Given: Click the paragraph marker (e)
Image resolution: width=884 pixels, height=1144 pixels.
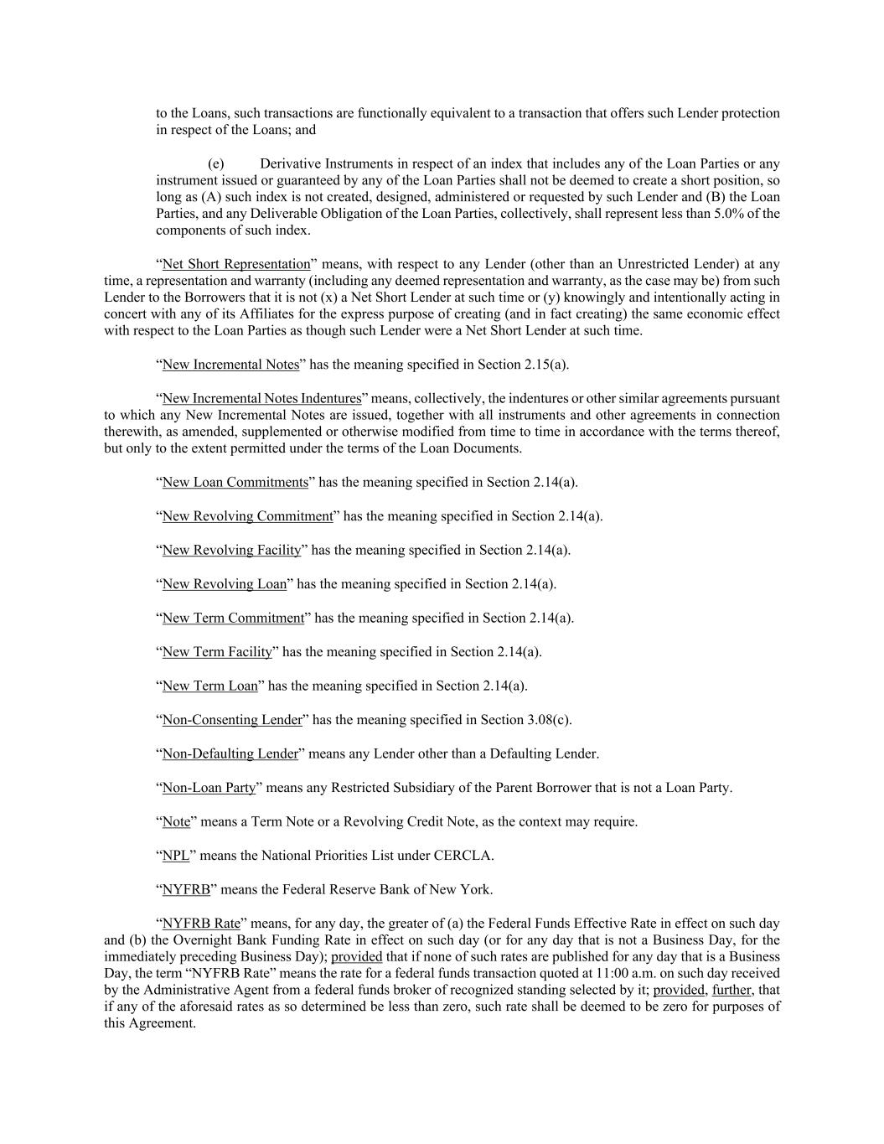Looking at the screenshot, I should point(215,163).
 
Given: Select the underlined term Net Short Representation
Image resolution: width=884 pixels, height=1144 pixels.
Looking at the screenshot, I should point(235,264).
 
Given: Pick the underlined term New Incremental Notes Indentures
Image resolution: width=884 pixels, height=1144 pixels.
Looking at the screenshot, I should point(261,398).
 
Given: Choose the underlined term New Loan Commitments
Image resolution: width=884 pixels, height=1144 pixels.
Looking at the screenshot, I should point(235,482).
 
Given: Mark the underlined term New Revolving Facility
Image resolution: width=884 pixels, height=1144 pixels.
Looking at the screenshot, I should point(231,550).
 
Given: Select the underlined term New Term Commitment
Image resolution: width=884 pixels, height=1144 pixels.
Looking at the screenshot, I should point(233,618).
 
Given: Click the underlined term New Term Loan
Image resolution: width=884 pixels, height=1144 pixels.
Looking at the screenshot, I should point(209,686).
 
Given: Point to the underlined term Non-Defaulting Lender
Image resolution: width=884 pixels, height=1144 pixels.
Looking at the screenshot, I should point(230,753).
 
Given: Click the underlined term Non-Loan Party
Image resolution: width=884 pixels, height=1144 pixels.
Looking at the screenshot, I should point(209,788).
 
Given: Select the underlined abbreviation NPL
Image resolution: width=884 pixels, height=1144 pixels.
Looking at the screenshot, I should point(175,856).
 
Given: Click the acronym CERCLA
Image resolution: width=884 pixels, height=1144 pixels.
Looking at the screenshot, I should point(463,856).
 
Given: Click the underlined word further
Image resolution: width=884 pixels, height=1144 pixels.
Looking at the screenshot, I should point(731,990).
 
